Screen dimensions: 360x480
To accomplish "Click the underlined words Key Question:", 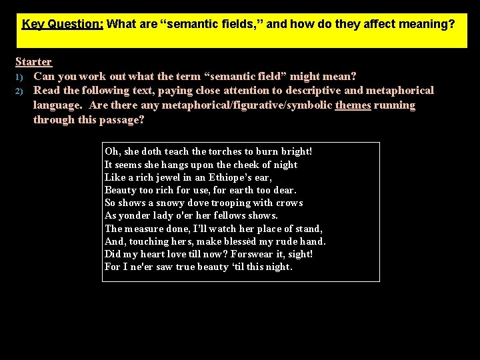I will (x=62, y=25).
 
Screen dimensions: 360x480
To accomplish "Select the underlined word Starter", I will (x=33, y=61).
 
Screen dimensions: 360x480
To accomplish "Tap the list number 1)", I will (x=20, y=77).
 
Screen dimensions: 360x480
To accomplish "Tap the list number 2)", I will (x=20, y=91).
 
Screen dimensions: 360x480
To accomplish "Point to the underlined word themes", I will (x=353, y=105).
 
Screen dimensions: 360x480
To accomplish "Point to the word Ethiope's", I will (x=229, y=177).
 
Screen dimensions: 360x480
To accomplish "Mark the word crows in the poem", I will (x=289, y=203).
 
